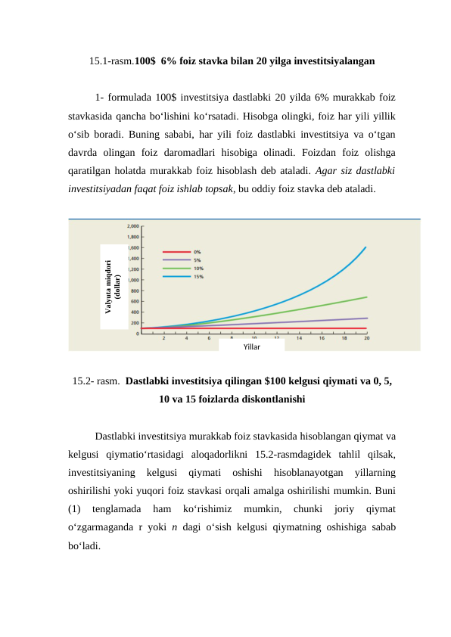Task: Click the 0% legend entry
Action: click(x=197, y=251)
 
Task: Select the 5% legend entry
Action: click(x=197, y=259)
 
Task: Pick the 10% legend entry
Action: click(x=198, y=268)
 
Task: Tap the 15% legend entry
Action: click(x=198, y=276)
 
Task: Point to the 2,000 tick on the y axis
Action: click(x=132, y=226)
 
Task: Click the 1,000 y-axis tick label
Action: click(x=132, y=280)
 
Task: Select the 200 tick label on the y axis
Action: click(x=134, y=323)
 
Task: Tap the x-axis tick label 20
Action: click(x=367, y=339)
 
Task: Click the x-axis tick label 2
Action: click(x=164, y=339)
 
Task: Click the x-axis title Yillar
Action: click(x=252, y=346)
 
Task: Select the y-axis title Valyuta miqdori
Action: click(x=108, y=287)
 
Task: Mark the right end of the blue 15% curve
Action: click(x=366, y=247)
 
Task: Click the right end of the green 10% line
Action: click(x=367, y=297)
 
